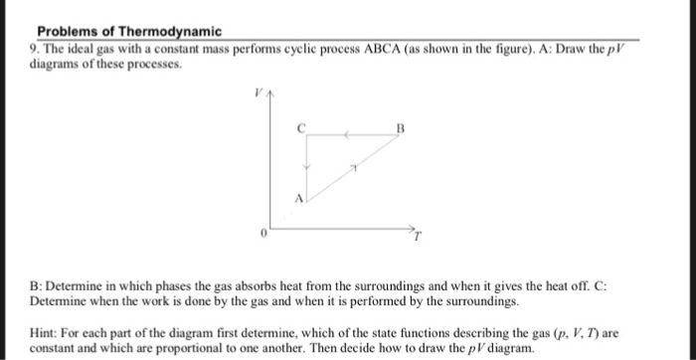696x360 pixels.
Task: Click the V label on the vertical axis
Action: click(256, 91)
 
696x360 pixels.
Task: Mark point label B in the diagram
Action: click(400, 128)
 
